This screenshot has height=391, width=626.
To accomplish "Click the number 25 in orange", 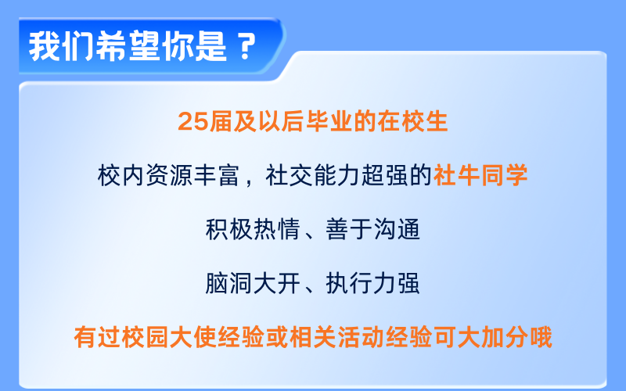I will click(x=191, y=122).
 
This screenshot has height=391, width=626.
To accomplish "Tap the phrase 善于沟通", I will click(x=374, y=228).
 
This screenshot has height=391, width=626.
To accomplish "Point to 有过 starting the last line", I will click(x=95, y=337).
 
